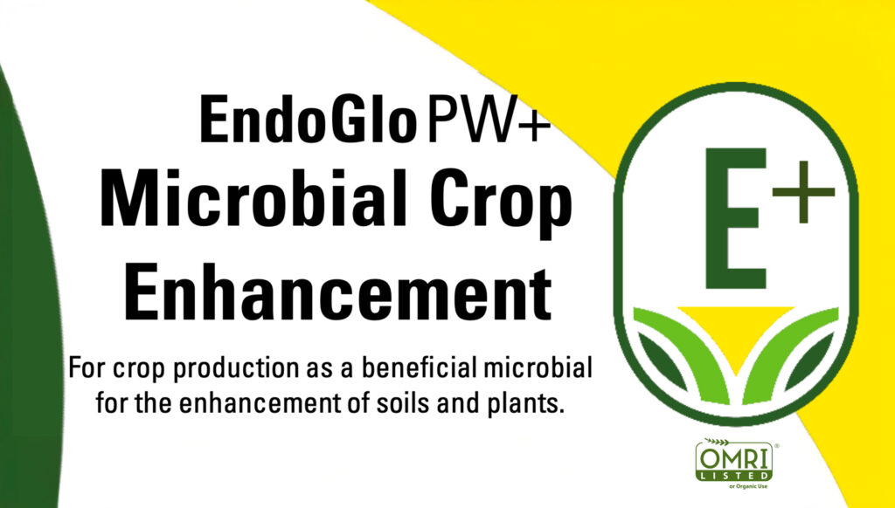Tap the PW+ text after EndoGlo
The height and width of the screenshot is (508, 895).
click(488, 120)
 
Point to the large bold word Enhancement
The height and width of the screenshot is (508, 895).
click(338, 290)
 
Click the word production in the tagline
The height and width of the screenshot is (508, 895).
click(234, 369)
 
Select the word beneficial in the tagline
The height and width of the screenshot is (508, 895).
click(419, 367)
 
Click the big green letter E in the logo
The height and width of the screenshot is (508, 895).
click(735, 218)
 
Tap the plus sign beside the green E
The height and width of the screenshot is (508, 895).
click(803, 191)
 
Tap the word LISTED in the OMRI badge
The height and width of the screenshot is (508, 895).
click(734, 475)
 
